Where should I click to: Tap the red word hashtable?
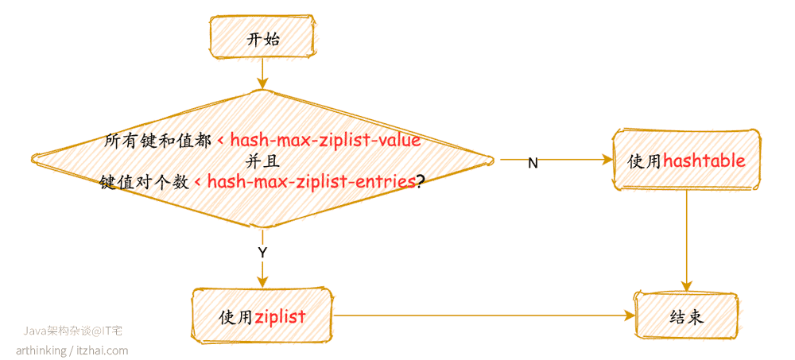click(704, 161)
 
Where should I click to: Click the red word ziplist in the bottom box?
click(281, 317)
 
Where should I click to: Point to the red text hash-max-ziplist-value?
click(320, 140)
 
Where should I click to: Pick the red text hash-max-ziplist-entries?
click(305, 181)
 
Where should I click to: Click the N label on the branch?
click(533, 163)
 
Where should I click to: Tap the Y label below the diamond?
click(262, 254)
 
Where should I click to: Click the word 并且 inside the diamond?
click(262, 161)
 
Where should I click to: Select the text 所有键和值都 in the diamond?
click(158, 141)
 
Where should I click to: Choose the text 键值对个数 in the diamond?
click(145, 182)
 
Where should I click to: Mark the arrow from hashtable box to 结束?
click(687, 242)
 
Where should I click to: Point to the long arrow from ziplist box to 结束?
click(483, 315)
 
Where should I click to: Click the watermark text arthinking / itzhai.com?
click(72, 350)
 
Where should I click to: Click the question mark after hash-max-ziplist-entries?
click(421, 182)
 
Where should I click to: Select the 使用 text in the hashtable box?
click(645, 161)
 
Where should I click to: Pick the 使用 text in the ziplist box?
click(236, 317)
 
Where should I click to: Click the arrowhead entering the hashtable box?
click(607, 159)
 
